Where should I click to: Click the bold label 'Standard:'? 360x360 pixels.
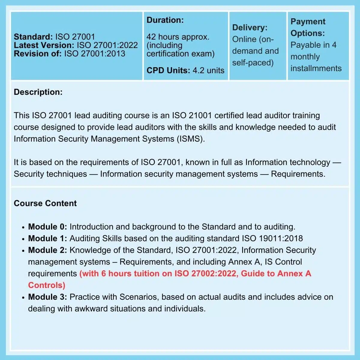pos(33,37)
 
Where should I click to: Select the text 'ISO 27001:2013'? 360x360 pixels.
pos(94,54)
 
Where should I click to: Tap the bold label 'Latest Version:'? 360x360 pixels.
pos(44,45)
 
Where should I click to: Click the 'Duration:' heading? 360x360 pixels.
pos(165,20)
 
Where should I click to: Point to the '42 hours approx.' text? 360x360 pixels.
pos(178,37)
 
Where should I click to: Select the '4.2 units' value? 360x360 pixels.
pos(208,70)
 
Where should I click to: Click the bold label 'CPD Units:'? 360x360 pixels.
pos(168,70)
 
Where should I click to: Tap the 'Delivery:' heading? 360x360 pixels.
pos(250,28)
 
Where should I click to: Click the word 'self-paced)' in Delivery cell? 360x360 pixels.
pos(253,63)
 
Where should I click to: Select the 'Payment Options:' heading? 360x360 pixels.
pos(308,27)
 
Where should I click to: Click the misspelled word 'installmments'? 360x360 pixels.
pos(316,68)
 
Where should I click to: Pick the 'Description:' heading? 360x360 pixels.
pos(38,92)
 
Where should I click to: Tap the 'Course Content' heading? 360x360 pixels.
pos(45,203)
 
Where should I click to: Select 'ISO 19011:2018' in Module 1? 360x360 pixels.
pos(272,238)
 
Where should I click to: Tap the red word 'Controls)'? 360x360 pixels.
pos(46,285)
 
